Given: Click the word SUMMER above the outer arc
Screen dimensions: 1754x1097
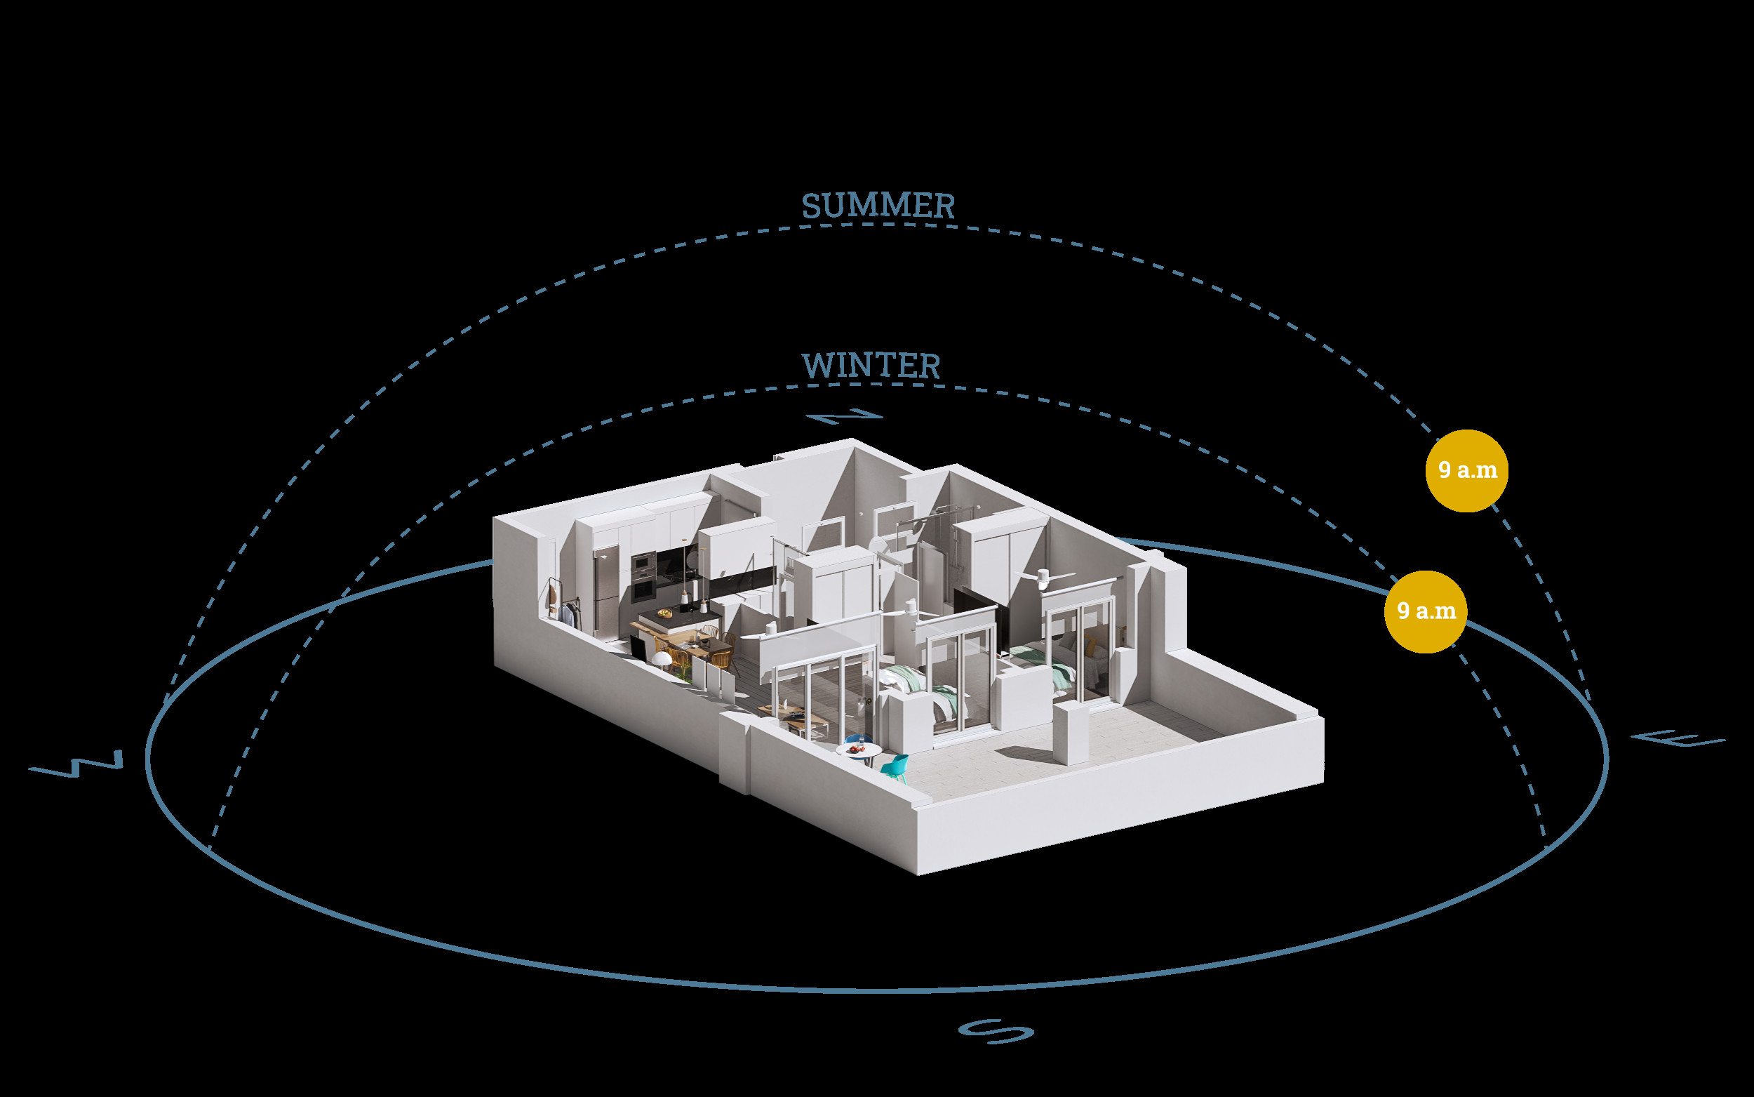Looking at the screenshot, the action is point(878,206).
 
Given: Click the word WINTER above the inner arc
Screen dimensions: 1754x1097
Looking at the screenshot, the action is point(871,366).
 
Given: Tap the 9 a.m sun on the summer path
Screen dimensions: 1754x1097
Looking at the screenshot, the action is point(1466,470).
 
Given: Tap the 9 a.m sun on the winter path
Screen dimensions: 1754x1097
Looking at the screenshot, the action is point(1426,611).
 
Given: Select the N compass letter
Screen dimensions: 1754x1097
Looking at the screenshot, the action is point(844,416).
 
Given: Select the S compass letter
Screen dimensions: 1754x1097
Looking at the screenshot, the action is point(996,1031).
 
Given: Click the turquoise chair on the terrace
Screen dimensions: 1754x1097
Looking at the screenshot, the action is point(897,768).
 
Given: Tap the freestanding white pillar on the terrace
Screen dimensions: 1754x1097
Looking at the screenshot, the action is point(1071,733).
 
